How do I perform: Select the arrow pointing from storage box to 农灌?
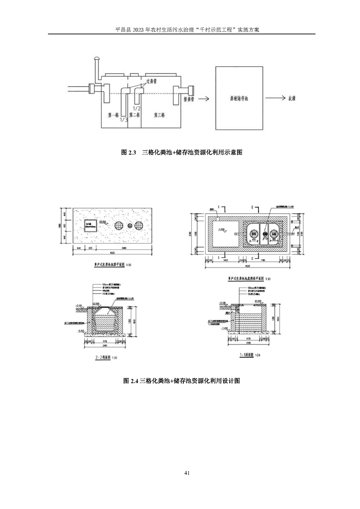point(271,98)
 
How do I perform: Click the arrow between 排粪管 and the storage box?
point(203,98)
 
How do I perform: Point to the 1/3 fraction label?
point(123,120)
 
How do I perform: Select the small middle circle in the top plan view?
point(129,225)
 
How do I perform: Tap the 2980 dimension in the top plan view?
point(124,248)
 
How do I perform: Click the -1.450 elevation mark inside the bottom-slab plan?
point(223,230)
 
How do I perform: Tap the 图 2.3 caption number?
point(129,153)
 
